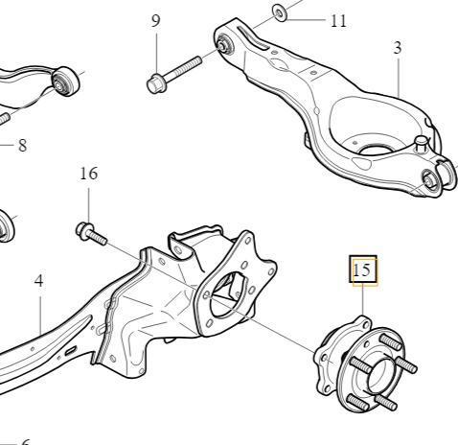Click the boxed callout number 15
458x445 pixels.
tap(363, 269)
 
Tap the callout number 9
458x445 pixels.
tap(155, 21)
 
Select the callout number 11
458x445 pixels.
tap(338, 21)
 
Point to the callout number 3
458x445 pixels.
tap(397, 48)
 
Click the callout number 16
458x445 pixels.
tap(89, 174)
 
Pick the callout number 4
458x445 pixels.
tap(38, 281)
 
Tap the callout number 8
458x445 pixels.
tap(22, 146)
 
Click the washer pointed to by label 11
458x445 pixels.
tap(280, 13)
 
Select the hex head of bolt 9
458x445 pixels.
tap(156, 83)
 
